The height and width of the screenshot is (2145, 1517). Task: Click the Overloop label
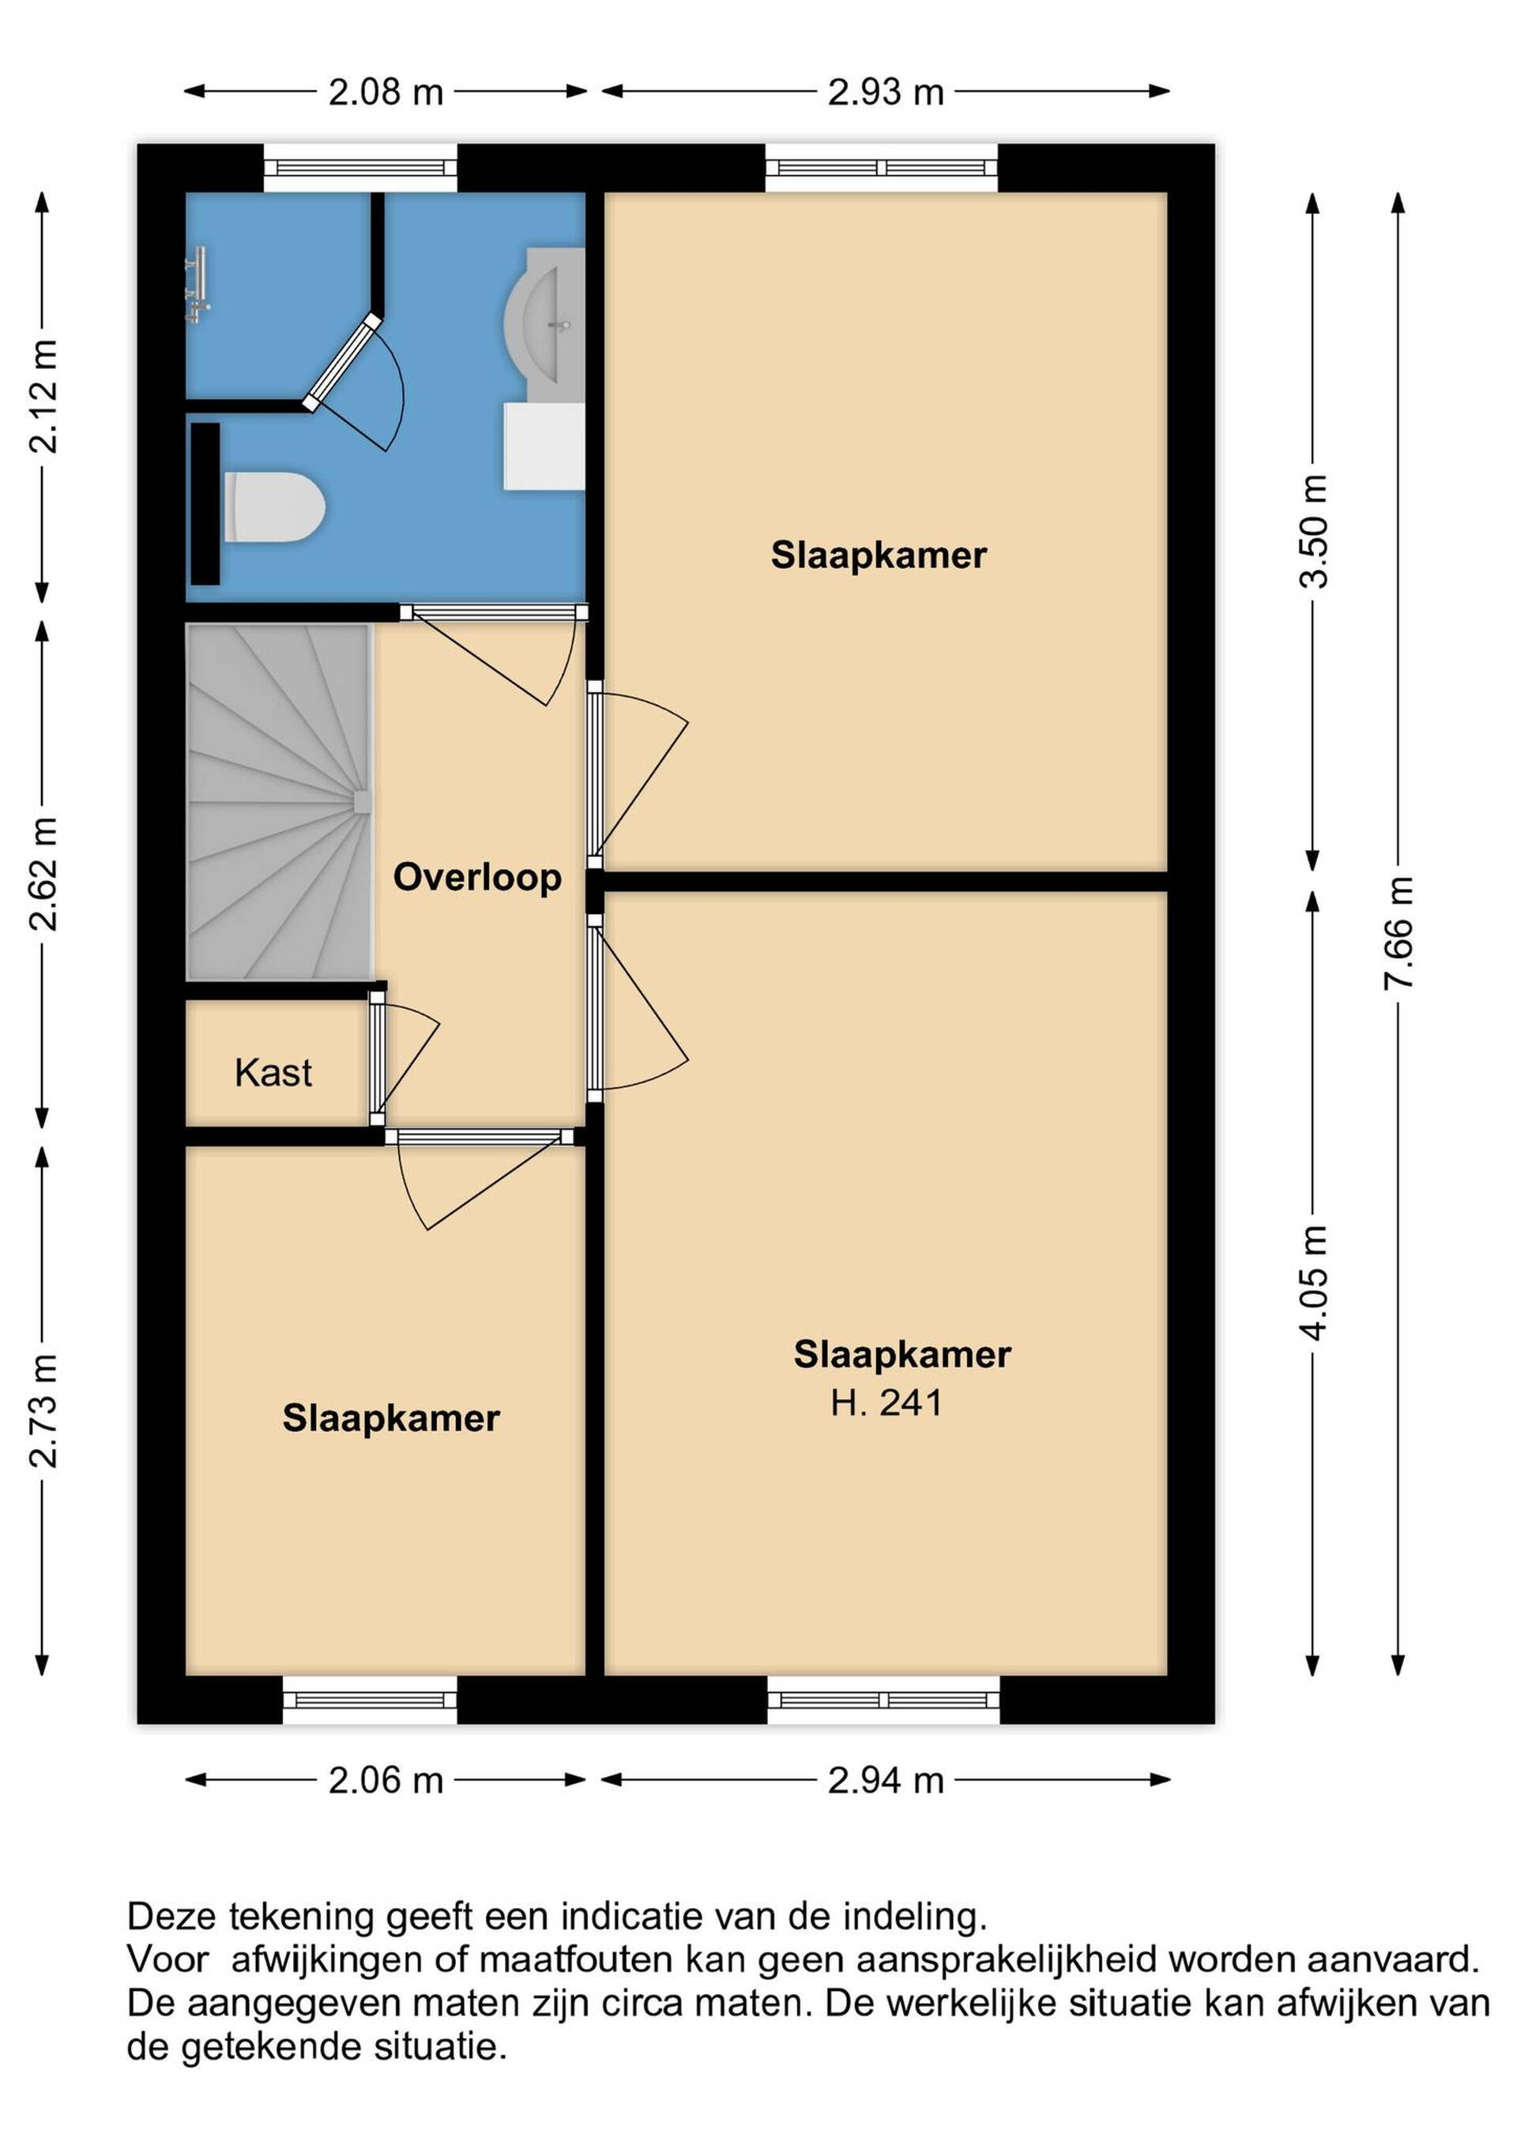click(x=477, y=877)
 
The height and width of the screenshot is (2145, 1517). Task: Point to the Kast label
click(x=273, y=1073)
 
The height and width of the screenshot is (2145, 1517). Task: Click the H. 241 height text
click(x=886, y=1402)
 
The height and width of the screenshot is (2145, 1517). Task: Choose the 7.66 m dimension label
click(x=1398, y=933)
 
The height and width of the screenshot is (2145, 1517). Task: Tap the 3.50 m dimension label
click(x=1313, y=531)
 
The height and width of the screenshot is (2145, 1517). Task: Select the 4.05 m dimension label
click(x=1313, y=1283)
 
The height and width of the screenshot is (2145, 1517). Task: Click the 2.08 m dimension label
click(x=386, y=92)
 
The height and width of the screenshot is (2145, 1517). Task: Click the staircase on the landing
click(x=278, y=802)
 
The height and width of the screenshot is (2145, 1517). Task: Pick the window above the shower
click(x=360, y=168)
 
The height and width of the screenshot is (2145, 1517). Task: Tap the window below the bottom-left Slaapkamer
click(x=370, y=1700)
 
